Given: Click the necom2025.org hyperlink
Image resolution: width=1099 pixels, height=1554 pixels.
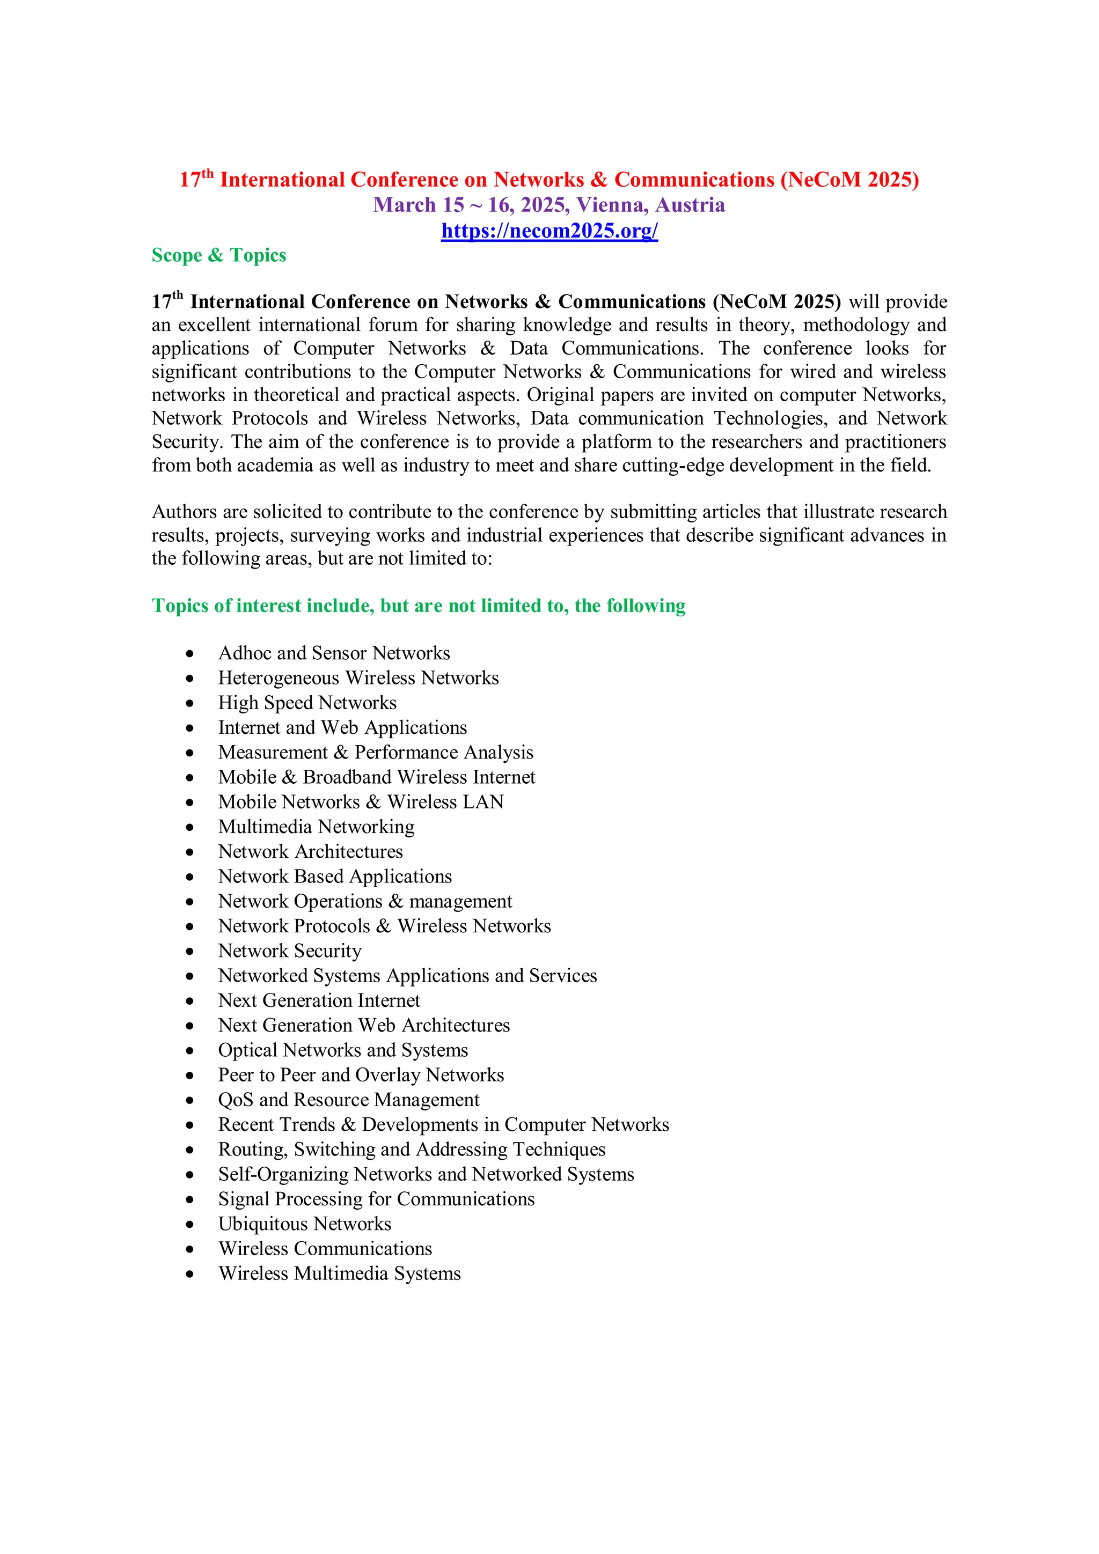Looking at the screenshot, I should point(549,231).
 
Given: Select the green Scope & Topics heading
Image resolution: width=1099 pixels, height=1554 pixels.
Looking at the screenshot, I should point(219,255).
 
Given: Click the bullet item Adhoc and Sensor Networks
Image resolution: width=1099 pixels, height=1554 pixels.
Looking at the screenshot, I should point(334,653).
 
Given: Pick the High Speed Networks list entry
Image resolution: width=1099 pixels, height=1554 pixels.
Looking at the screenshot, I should point(307,703).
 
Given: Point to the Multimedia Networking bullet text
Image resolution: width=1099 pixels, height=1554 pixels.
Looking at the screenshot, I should point(316,827).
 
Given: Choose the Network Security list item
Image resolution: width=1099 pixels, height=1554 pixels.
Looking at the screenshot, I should point(290,951).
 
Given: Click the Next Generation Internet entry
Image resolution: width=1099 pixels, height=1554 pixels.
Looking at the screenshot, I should point(319,1000).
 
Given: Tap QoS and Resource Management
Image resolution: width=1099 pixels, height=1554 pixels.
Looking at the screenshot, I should point(349,1100).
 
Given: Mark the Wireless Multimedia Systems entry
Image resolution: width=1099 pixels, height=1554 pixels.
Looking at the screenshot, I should point(339,1274).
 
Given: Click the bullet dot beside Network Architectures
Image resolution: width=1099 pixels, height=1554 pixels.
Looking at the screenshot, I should point(191,852).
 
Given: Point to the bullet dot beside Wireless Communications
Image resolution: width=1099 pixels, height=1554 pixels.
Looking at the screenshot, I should point(191,1249).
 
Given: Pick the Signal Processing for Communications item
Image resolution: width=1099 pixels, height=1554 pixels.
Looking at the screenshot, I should point(376,1199).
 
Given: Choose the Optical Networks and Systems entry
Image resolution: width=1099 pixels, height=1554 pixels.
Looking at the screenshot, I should point(343,1050).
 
